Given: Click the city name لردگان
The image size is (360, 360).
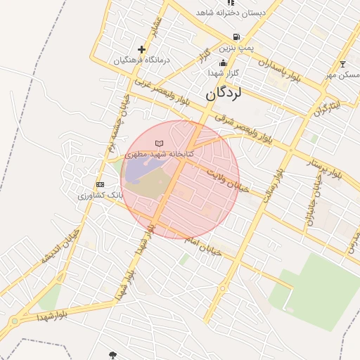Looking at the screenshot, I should point(224,92).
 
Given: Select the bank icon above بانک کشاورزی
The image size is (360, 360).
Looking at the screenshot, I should point(99,184).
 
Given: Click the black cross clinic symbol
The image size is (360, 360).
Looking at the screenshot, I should point(142,50).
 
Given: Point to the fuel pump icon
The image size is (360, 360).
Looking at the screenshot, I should point(235,38).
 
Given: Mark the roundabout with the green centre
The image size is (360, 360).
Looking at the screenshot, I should point(15,322).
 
